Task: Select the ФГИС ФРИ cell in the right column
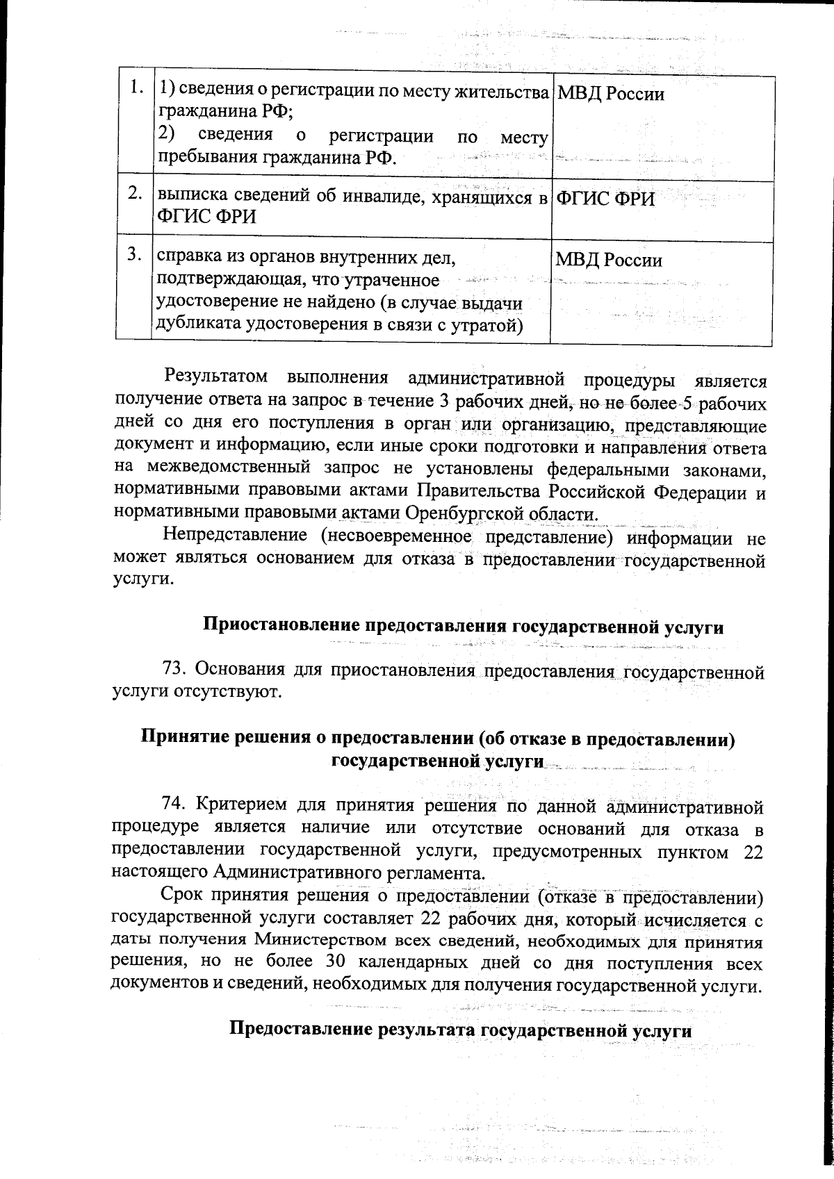pos(606,199)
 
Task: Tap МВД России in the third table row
pos(608,261)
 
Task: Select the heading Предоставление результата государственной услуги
pos(460,1030)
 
